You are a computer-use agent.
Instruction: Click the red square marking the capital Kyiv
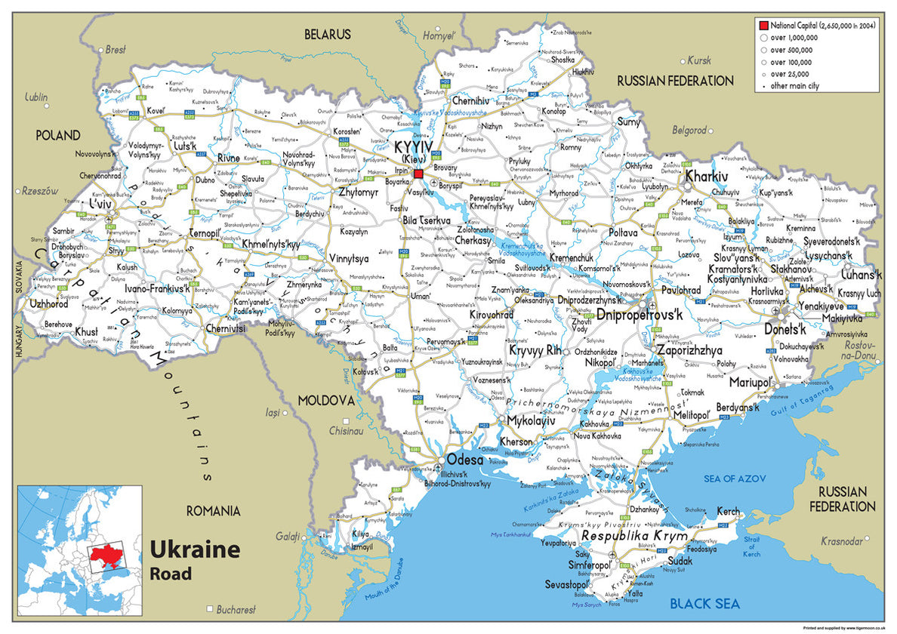[x=418, y=174]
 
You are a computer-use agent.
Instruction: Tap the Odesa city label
[x=465, y=459]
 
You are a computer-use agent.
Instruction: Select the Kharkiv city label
[x=749, y=176]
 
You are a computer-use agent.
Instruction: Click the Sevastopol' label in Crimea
[x=566, y=585]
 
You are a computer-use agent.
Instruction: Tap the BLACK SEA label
[x=705, y=603]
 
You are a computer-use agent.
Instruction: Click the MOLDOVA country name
[x=325, y=399]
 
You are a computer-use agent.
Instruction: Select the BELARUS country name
[x=328, y=34]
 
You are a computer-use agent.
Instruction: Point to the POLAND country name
[x=57, y=135]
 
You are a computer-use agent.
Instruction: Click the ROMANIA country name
[x=213, y=511]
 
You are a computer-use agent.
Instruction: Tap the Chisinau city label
[x=346, y=431]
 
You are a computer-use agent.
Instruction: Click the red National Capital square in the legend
[x=763, y=25]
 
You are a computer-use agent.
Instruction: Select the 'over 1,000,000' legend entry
[x=793, y=37]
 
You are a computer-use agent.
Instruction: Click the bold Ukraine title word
[x=195, y=549]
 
